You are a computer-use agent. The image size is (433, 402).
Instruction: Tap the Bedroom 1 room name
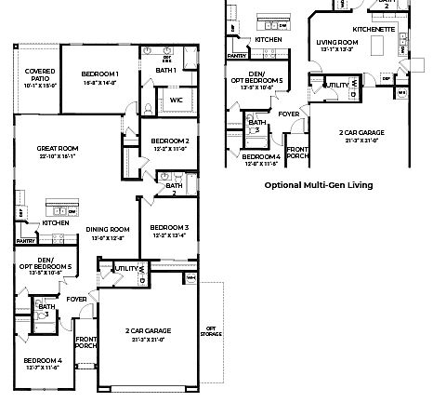tap(98, 74)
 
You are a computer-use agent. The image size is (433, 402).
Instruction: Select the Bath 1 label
tap(166, 71)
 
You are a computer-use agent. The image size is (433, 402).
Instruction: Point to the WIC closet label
tap(176, 100)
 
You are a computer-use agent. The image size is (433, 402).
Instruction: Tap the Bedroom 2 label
tap(170, 141)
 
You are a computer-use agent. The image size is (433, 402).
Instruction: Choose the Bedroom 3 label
tap(170, 227)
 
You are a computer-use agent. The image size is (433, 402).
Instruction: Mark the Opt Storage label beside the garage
tap(211, 329)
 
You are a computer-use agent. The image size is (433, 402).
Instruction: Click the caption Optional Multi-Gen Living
tap(319, 185)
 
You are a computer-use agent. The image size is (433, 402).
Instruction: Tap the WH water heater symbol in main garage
tap(191, 277)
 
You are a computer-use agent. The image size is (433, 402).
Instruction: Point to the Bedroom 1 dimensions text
tap(98, 82)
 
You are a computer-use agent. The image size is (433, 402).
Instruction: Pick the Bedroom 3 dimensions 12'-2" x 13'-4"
tap(170, 235)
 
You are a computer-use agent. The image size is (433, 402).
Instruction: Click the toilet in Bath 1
tap(149, 108)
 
